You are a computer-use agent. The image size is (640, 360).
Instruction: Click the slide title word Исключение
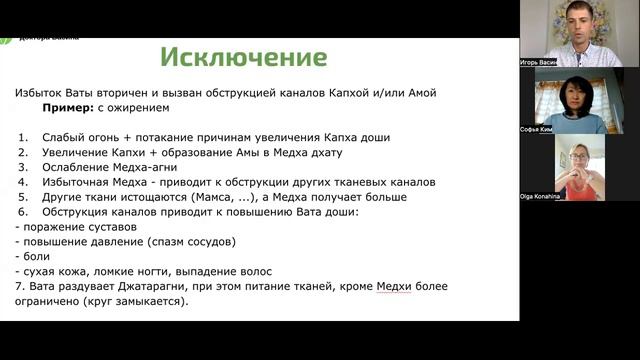(243, 55)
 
